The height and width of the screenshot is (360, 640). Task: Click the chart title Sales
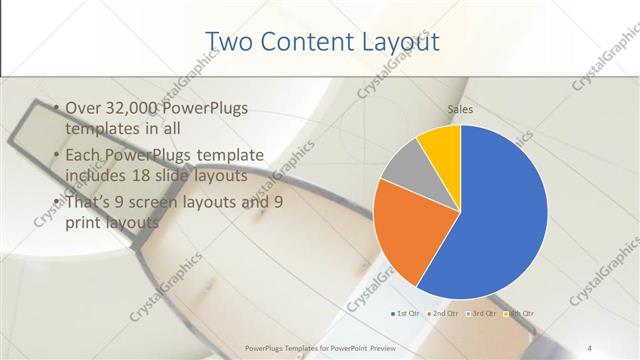[460, 110]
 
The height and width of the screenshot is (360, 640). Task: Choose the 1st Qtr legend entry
[404, 314]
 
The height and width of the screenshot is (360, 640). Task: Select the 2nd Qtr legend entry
[443, 314]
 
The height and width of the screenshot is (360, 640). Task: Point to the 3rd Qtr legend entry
[481, 314]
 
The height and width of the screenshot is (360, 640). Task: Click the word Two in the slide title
[228, 41]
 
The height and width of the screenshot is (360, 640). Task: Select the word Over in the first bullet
[80, 108]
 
